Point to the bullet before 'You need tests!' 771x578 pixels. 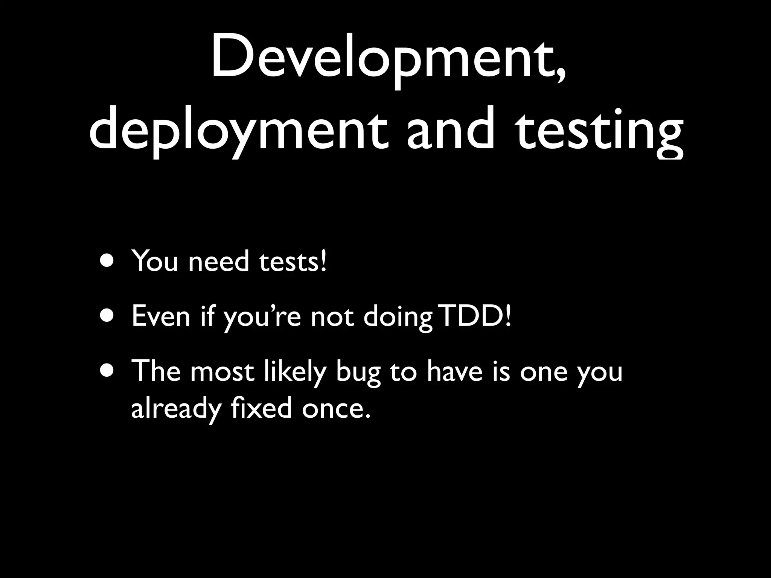click(107, 261)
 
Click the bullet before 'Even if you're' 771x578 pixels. click(107, 316)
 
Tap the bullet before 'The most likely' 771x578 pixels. click(107, 371)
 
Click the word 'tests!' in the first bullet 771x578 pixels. click(293, 261)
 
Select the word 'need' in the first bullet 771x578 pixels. click(219, 261)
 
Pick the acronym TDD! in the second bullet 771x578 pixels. click(476, 316)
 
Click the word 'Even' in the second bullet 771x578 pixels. click(161, 316)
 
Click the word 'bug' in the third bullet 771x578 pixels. click(358, 373)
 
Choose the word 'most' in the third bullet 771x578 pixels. click(222, 371)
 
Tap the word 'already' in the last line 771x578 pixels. click(175, 409)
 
